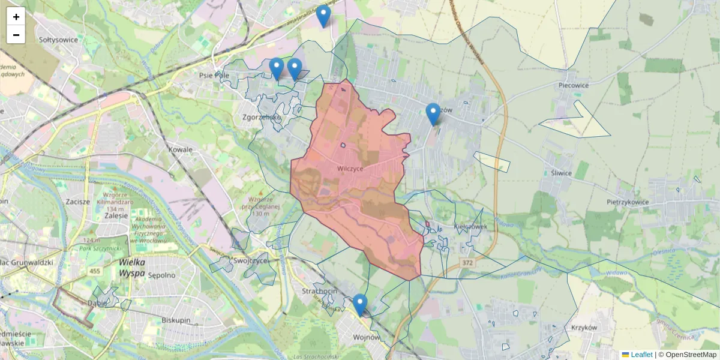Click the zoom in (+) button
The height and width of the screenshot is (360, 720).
[x=16, y=17]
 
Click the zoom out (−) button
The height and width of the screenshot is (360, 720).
[x=16, y=35]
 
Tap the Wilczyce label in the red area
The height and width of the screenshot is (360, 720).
[x=350, y=169]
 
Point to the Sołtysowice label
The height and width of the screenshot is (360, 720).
[x=58, y=40]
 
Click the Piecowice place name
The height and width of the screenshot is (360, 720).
[x=573, y=85]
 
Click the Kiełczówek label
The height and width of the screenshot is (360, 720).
[x=470, y=227]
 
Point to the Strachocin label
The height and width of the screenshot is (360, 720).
[x=319, y=291]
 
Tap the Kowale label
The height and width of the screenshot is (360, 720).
[x=181, y=149]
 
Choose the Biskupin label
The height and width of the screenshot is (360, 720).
[x=176, y=320]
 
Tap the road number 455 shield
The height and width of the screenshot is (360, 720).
[x=95, y=271]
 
